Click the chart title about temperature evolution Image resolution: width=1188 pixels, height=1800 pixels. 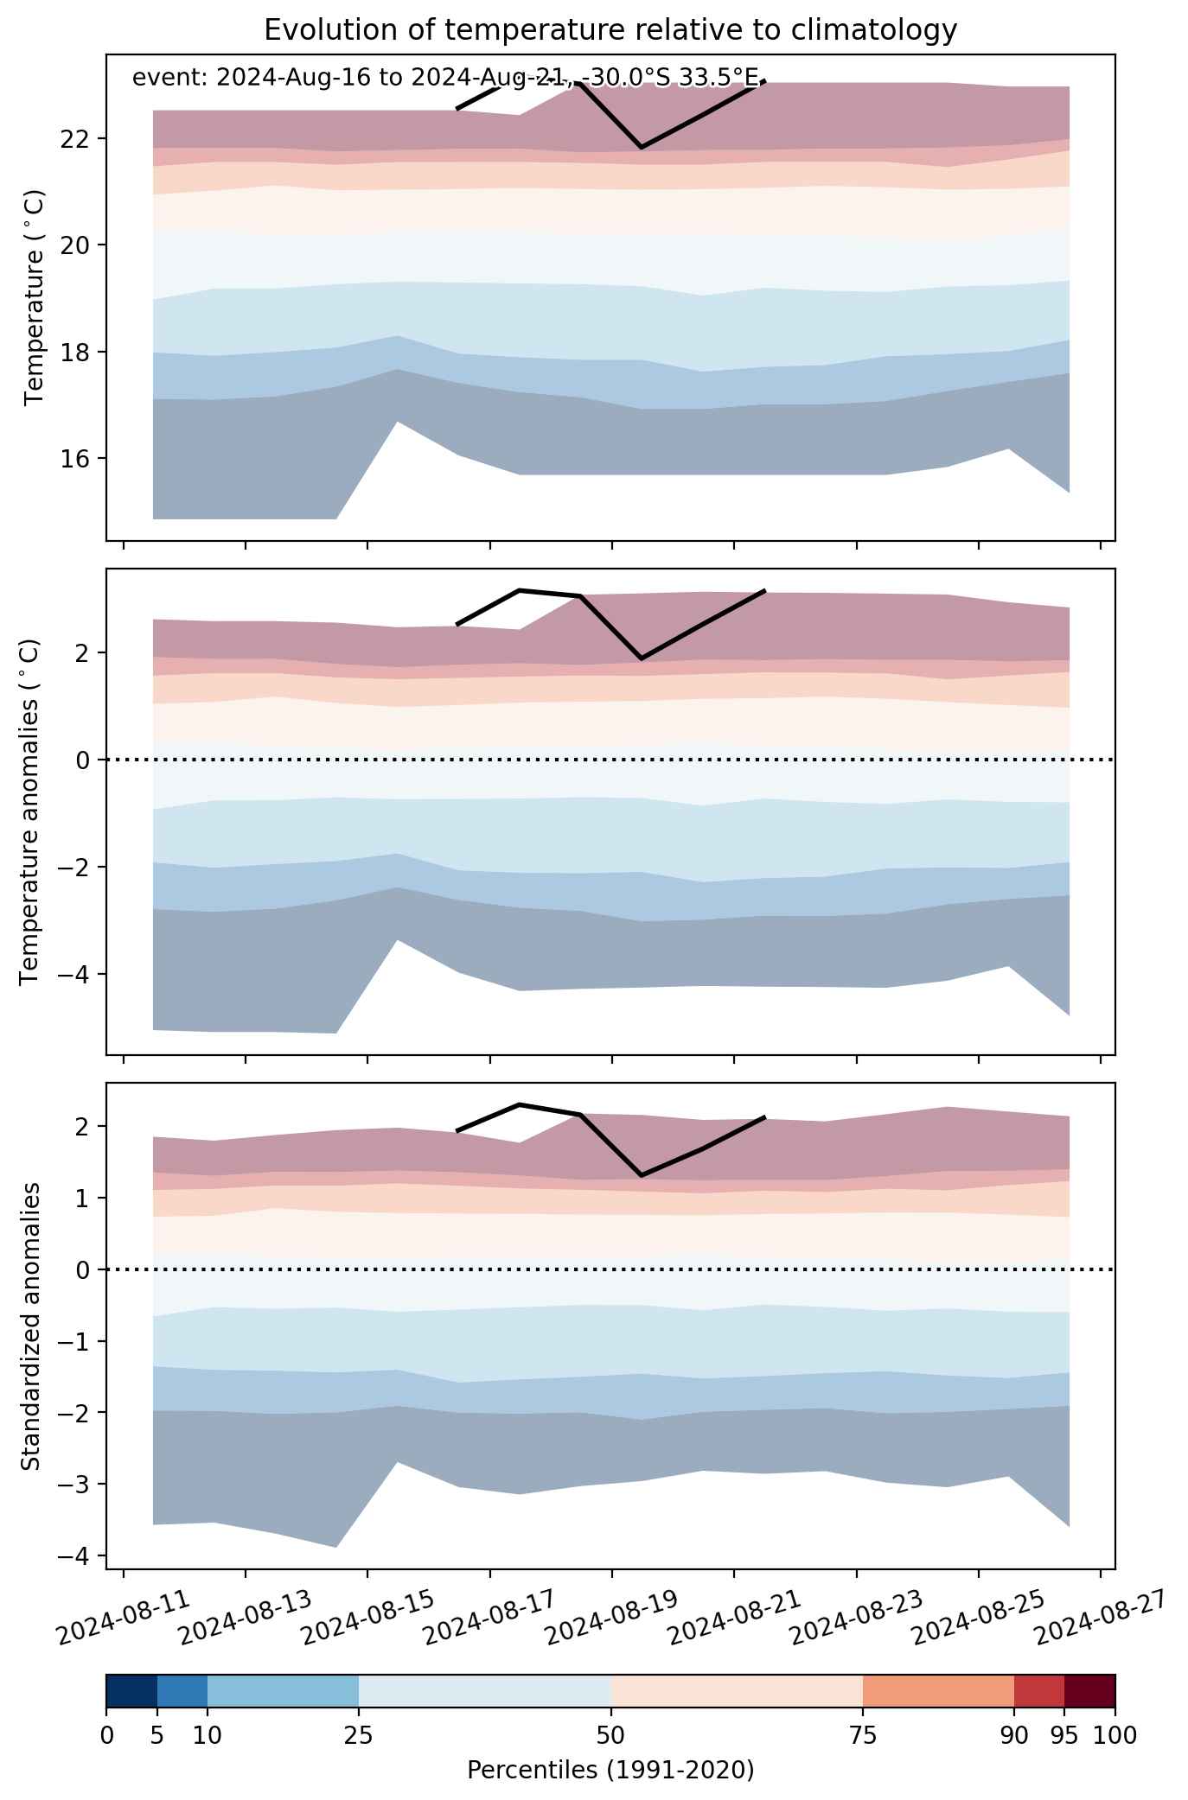(610, 30)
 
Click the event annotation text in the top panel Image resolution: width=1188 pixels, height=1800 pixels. (449, 79)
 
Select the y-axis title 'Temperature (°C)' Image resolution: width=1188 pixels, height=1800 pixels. (34, 298)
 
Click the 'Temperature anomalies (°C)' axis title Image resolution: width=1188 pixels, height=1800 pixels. (29, 811)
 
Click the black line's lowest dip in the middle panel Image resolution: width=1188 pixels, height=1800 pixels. (641, 658)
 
